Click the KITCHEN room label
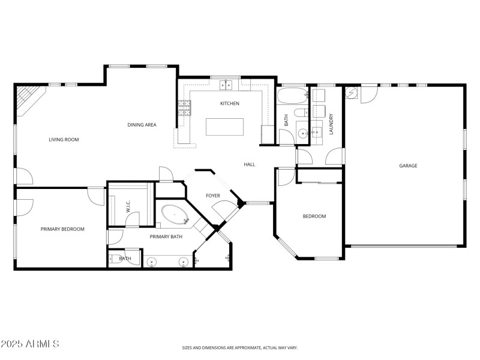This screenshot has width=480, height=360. [229, 104]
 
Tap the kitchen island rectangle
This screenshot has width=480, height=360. [225, 127]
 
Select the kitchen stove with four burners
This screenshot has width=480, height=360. [184, 108]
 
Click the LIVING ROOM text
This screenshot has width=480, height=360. [64, 140]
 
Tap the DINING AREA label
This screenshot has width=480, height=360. [142, 125]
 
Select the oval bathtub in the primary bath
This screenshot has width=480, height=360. [174, 215]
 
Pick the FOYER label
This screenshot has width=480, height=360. [213, 196]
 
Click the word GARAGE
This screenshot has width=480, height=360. [408, 166]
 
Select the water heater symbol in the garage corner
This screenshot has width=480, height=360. [352, 92]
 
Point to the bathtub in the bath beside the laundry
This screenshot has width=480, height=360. [292, 96]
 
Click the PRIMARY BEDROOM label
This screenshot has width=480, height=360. [62, 229]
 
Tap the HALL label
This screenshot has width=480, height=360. [250, 164]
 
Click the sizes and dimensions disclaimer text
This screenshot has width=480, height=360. [240, 347]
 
